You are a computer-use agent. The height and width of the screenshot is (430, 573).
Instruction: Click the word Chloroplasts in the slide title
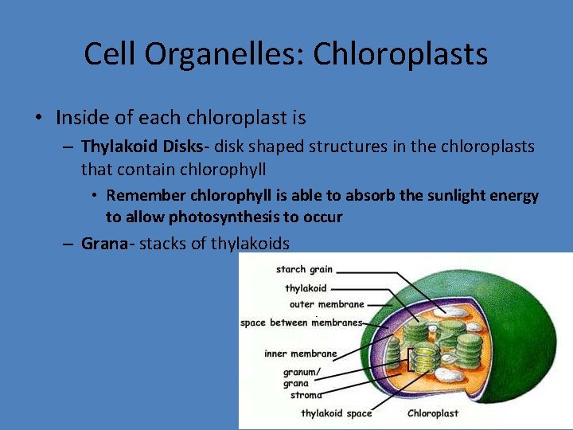pyautogui.click(x=400, y=54)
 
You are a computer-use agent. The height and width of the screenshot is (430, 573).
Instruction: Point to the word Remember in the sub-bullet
pyautogui.click(x=143, y=196)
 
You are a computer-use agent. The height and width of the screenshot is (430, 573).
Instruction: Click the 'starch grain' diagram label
pyautogui.click(x=304, y=270)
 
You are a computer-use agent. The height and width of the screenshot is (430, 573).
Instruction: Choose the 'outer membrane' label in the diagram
pyautogui.click(x=327, y=304)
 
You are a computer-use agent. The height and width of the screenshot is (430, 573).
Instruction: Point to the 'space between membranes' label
pyautogui.click(x=301, y=322)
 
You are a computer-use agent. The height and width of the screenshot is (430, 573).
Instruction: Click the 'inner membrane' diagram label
pyautogui.click(x=301, y=354)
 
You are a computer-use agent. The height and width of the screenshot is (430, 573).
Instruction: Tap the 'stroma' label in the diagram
pyautogui.click(x=306, y=394)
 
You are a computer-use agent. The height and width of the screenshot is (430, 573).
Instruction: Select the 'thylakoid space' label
pyautogui.click(x=336, y=413)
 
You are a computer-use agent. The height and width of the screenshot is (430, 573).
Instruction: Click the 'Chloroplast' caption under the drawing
pyautogui.click(x=434, y=413)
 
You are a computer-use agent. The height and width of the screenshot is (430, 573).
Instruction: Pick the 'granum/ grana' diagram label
pyautogui.click(x=302, y=377)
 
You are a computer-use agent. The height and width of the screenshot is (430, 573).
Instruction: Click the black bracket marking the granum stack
pyautogui.click(x=410, y=360)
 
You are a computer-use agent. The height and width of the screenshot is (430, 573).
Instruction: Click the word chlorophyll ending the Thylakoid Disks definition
pyautogui.click(x=228, y=169)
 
